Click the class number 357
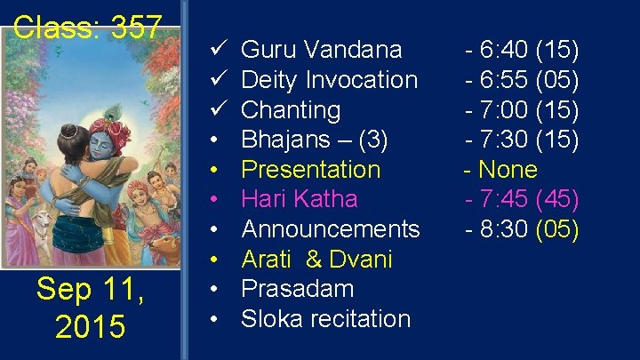tap(137, 27)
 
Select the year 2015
tap(90, 326)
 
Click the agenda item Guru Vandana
tap(321, 50)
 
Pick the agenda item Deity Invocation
tap(329, 80)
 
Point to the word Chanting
tap(291, 110)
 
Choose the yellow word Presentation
tap(310, 170)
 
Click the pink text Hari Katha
tap(299, 199)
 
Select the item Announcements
tap(330, 229)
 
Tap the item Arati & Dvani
tap(316, 260)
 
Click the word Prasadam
tap(297, 289)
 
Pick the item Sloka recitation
tap(325, 318)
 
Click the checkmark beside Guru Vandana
tap(217, 50)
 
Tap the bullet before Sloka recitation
tap(217, 318)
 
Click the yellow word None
tap(507, 170)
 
